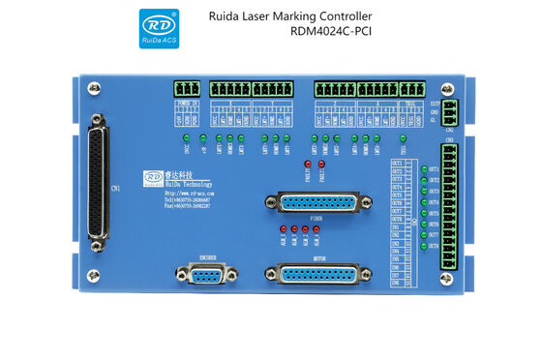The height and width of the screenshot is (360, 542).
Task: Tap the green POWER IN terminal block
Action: point(189,89)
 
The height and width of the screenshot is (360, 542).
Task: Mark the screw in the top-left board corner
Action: point(93,88)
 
